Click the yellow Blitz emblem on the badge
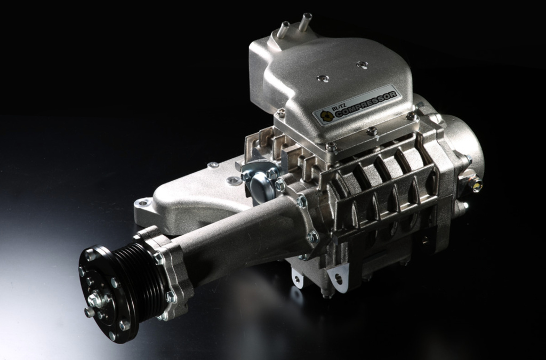pyautogui.click(x=326, y=116)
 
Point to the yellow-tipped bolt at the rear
pyautogui.click(x=476, y=186)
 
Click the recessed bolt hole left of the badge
pyautogui.click(x=322, y=78)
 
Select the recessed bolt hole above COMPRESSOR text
pyautogui.click(x=363, y=65)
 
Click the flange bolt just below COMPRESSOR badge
pyautogui.click(x=372, y=131)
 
